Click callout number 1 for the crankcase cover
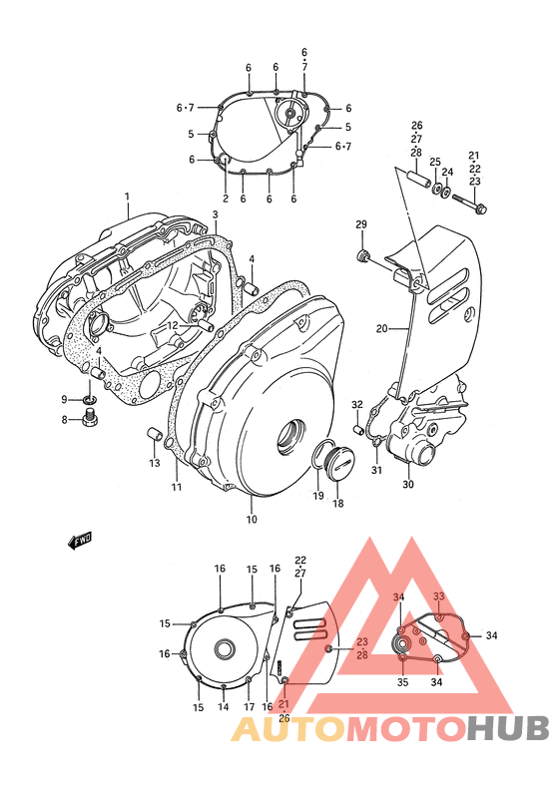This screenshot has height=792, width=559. point(128,198)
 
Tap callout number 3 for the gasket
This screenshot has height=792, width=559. point(214,214)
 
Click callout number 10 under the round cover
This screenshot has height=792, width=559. point(251,520)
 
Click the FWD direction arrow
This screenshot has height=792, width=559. point(80,541)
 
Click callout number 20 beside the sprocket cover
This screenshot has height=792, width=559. point(381,328)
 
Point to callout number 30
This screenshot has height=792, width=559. point(407,485)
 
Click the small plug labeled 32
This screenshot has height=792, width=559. point(356,431)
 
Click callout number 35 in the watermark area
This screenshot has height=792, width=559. point(402,682)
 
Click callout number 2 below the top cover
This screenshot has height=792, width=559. point(226,198)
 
